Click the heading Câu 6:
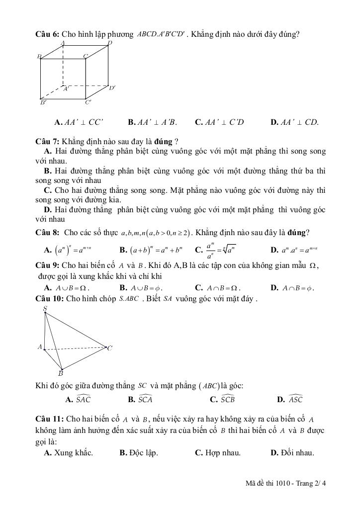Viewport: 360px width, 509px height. click(48, 34)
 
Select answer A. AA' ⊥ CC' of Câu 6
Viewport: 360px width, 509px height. click(79, 122)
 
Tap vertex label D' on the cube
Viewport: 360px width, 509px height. click(112, 88)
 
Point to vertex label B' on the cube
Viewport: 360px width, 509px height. click(43, 103)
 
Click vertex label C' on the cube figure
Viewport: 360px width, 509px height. click(88, 103)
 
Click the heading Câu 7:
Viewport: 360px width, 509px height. click(48, 141)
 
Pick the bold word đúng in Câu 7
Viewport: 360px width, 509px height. click(163, 141)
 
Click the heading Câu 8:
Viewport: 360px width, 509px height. click(48, 232)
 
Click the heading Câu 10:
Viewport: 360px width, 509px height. click(50, 298)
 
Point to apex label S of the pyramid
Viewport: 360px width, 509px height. click(45, 309)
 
